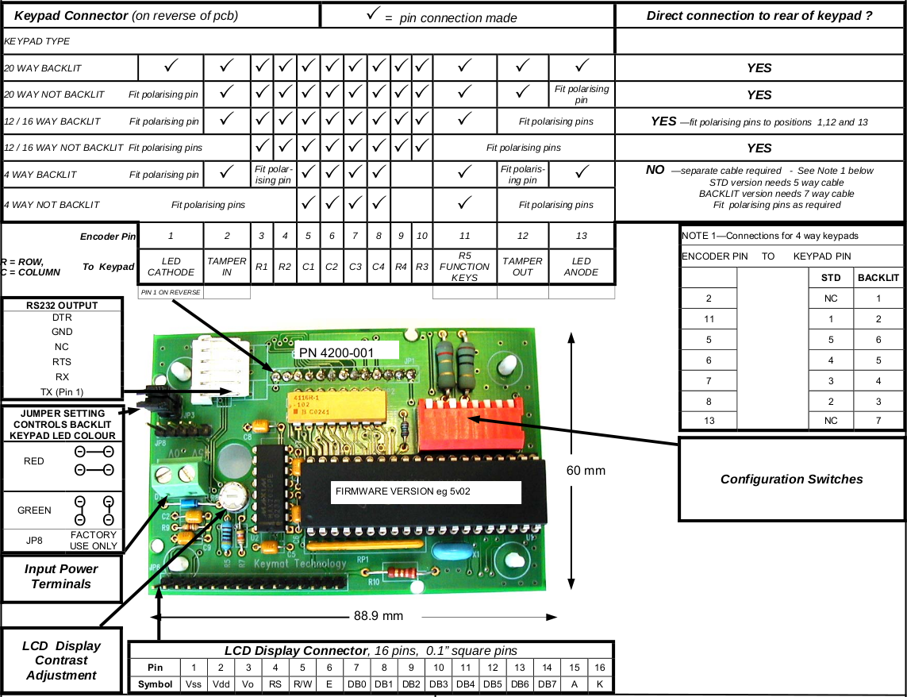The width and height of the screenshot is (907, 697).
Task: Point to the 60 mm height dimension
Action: (586, 471)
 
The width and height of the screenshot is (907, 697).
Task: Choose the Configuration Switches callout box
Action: (791, 479)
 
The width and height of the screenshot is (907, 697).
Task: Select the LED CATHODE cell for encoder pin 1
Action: (171, 267)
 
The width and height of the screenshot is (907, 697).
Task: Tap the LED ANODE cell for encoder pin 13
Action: (582, 267)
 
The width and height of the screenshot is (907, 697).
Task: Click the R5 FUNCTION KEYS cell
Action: (464, 267)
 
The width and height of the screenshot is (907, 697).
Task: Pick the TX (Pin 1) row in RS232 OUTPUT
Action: (62, 391)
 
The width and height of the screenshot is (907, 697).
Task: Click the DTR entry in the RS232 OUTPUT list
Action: (62, 317)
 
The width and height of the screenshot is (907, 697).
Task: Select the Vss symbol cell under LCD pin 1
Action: (193, 684)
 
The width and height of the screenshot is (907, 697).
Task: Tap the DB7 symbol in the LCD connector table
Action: (547, 684)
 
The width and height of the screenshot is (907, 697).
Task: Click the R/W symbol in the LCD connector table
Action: (302, 684)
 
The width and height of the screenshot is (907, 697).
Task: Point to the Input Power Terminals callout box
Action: (61, 576)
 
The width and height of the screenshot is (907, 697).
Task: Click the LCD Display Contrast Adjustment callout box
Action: (61, 660)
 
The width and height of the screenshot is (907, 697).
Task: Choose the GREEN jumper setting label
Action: (34, 510)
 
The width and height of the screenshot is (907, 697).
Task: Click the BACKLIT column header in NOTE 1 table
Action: (878, 278)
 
